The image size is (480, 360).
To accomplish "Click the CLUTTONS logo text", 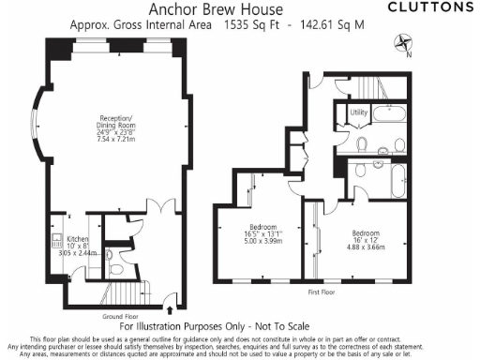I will pyautogui.click(x=430, y=7).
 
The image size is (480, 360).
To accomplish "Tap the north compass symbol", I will pyautogui.click(x=404, y=41).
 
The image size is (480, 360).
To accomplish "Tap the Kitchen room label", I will pyautogui.click(x=78, y=239).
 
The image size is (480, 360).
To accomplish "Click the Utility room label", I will pyautogui.click(x=356, y=112).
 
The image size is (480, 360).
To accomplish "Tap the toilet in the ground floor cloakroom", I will pyautogui.click(x=111, y=254).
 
